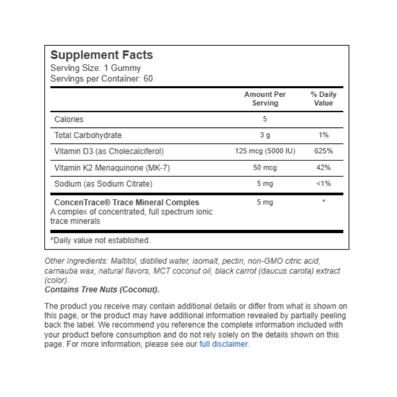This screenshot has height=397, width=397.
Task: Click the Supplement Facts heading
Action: coord(102,55)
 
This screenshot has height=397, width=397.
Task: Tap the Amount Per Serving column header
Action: coord(265,99)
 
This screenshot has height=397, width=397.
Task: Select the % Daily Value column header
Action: coord(324,99)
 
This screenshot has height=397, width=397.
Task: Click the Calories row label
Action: coord(69,119)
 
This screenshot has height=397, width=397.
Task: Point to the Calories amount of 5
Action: coord(265,119)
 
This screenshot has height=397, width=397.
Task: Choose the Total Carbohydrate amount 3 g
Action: coord(265,135)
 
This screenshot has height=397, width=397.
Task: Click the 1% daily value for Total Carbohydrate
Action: coord(324,135)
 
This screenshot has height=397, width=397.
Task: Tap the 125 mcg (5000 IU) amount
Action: coord(265,151)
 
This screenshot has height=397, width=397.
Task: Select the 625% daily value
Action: coord(324,151)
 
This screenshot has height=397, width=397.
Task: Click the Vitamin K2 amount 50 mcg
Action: coord(265,168)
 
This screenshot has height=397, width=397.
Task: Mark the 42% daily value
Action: coord(324,168)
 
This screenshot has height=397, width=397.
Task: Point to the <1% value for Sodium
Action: coord(324,184)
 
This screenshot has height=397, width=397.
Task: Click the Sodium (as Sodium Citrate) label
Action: coord(104,184)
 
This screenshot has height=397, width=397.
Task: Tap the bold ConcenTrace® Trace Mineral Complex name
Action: coord(127,202)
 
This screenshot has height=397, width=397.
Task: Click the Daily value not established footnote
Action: coord(100,240)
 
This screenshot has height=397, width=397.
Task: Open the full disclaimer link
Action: coord(223,344)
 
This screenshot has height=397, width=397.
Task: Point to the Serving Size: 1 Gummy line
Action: coord(96,68)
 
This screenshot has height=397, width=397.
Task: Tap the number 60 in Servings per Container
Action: coord(148,78)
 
